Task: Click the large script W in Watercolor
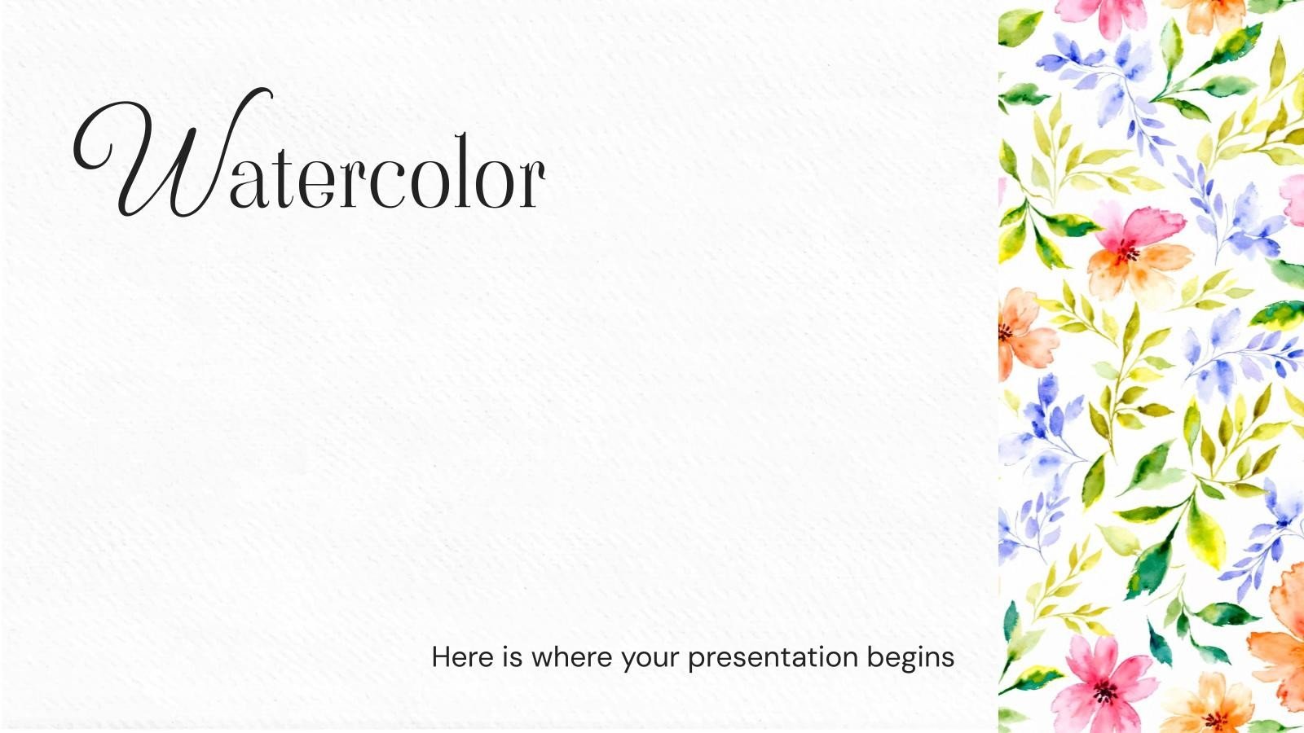click(174, 154)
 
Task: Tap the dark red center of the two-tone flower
click(1127, 252)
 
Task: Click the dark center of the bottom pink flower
click(1104, 692)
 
